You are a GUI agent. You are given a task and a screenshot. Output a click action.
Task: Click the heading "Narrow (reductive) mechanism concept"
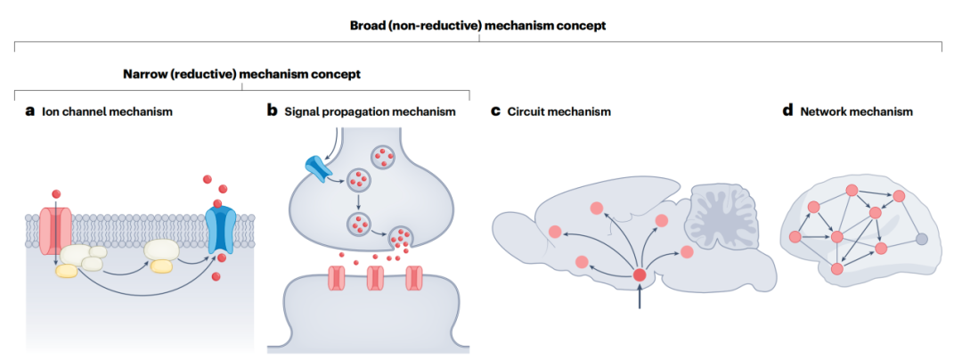click(241, 74)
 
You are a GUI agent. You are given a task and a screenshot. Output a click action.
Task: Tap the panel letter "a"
click(30, 112)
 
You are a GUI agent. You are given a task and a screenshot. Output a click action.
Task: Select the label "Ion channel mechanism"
click(107, 112)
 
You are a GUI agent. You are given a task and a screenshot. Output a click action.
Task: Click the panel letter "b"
click(272, 112)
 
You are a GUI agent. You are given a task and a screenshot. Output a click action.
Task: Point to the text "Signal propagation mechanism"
click(371, 112)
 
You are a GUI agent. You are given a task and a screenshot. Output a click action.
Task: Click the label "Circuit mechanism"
click(559, 112)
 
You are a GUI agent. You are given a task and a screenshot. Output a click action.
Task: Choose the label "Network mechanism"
click(856, 112)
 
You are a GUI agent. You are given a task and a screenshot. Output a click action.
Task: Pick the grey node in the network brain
click(922, 238)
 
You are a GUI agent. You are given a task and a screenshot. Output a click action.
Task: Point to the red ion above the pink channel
click(57, 193)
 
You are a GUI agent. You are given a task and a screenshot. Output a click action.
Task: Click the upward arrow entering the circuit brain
click(640, 299)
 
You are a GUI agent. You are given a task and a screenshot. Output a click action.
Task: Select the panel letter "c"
click(496, 112)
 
